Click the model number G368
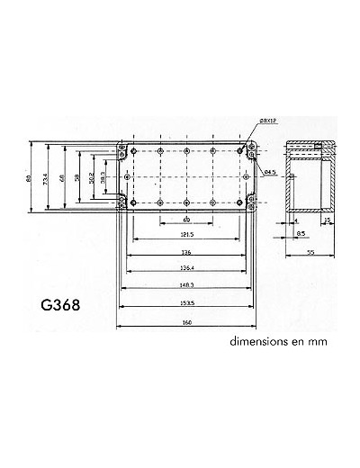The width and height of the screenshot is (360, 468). pyautogui.click(x=61, y=303)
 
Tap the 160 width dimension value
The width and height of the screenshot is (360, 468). pyautogui.click(x=186, y=323)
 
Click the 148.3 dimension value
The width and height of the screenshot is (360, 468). pyautogui.click(x=186, y=286)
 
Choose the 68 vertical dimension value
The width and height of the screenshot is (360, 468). pyautogui.click(x=62, y=179)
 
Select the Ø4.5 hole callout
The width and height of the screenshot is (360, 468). pyautogui.click(x=270, y=171)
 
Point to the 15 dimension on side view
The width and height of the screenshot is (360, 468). pyautogui.click(x=327, y=220)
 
